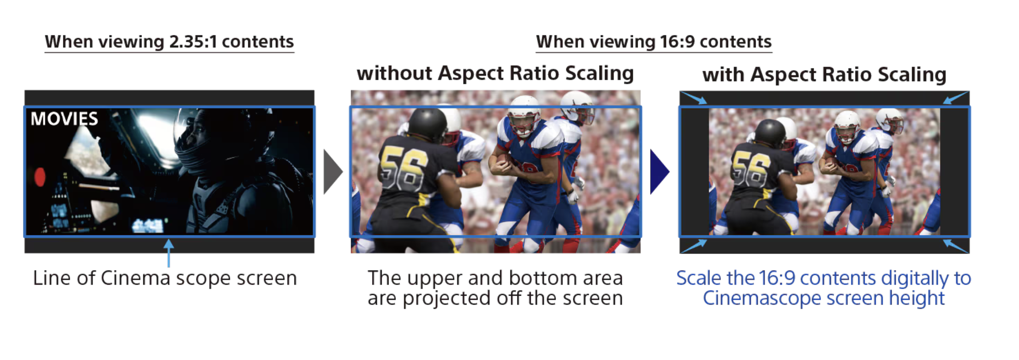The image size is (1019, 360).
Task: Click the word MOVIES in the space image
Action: tap(64, 119)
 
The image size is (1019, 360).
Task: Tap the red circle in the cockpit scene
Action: tap(40, 176)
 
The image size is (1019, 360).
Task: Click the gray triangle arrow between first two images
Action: tap(333, 172)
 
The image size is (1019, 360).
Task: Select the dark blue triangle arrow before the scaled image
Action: tap(659, 172)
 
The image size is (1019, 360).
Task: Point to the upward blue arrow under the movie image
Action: tap(169, 253)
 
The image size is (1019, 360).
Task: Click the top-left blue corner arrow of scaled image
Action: tap(694, 98)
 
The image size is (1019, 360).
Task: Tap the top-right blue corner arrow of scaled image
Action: tap(956, 98)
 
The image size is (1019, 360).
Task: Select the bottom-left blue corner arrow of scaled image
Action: tap(694, 246)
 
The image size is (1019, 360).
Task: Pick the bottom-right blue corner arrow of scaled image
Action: tap(956, 246)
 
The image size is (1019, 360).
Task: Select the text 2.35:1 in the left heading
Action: tap(193, 42)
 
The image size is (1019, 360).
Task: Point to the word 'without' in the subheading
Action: tap(394, 73)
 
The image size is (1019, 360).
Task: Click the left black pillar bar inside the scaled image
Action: tap(695, 172)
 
